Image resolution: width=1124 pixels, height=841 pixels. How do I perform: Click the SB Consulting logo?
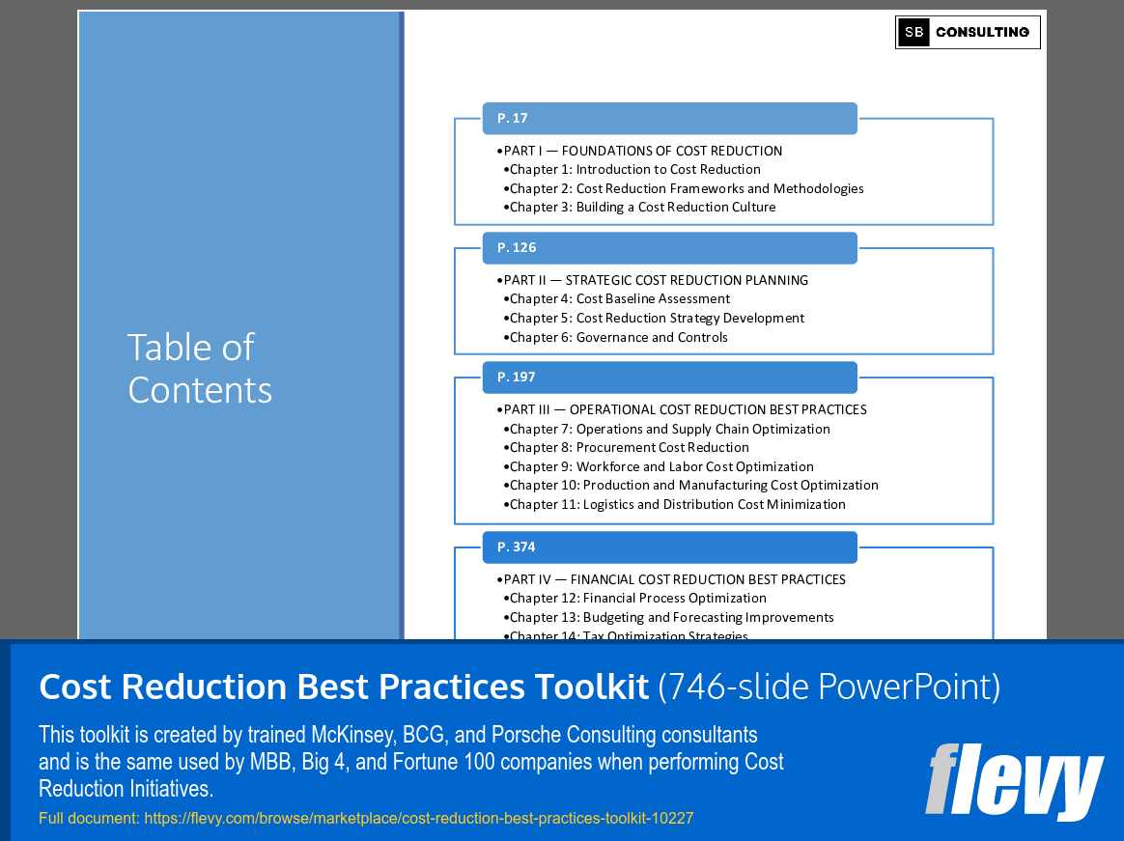pyautogui.click(x=968, y=32)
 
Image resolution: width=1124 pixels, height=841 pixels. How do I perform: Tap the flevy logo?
pyautogui.click(x=1014, y=780)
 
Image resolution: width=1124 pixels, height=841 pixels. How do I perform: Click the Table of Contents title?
pyautogui.click(x=200, y=369)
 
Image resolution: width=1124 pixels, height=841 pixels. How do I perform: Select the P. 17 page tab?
pyautogui.click(x=669, y=118)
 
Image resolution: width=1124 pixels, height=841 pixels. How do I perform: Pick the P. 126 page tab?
pyautogui.click(x=669, y=247)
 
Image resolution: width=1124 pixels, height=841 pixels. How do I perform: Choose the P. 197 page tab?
pyautogui.click(x=669, y=377)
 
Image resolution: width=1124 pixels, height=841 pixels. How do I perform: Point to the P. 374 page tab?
pyautogui.click(x=669, y=547)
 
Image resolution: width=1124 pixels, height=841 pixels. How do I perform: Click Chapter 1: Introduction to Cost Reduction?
pyautogui.click(x=634, y=169)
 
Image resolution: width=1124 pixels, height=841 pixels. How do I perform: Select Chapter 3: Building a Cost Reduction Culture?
pyautogui.click(x=642, y=207)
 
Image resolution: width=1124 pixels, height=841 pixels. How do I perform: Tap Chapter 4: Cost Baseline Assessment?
pyautogui.click(x=620, y=298)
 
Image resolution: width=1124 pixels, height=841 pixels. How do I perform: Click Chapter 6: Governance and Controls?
pyautogui.click(x=618, y=337)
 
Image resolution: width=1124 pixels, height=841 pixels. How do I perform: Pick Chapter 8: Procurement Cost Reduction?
pyautogui.click(x=629, y=447)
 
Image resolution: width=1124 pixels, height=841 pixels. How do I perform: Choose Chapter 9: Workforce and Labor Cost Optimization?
pyautogui.click(x=661, y=466)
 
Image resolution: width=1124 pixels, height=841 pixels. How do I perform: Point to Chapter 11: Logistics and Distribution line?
pyautogui.click(x=677, y=504)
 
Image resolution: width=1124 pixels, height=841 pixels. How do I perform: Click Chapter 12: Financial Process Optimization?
pyautogui.click(x=637, y=598)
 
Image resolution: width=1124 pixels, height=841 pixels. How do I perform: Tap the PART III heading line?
pyautogui.click(x=685, y=409)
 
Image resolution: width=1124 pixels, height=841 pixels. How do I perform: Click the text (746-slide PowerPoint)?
pyautogui.click(x=829, y=687)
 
